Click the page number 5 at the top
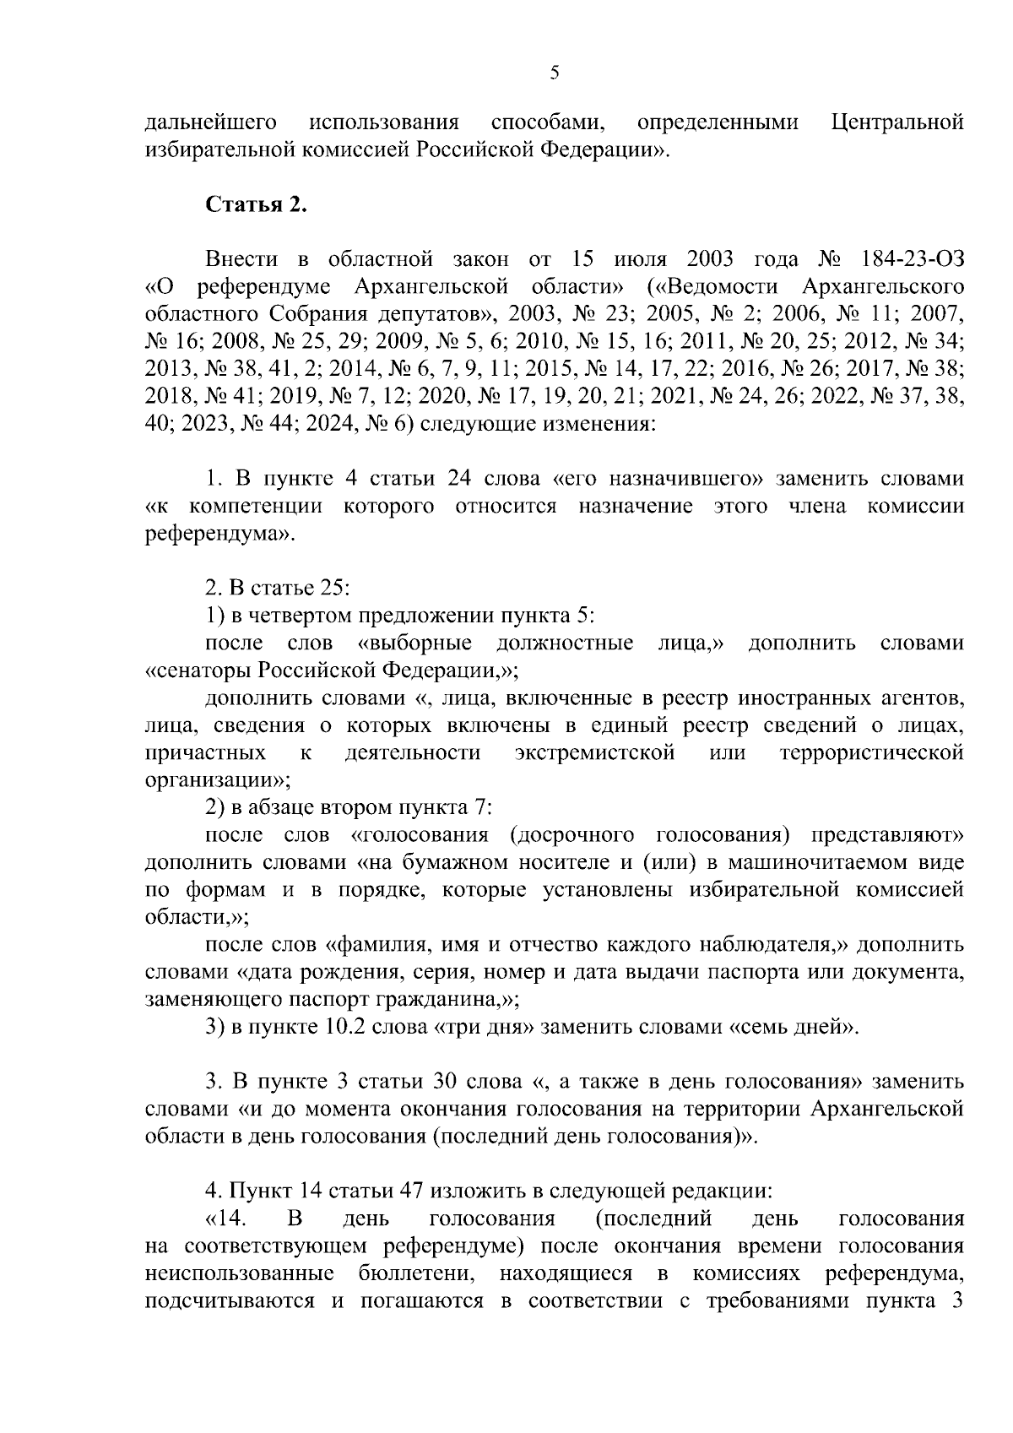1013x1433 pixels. point(554,73)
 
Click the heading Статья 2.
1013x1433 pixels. point(257,205)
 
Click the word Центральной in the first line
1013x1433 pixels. point(897,123)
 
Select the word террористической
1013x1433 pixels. point(872,753)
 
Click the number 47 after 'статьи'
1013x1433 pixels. point(409,1191)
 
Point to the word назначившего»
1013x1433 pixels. point(671,479)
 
